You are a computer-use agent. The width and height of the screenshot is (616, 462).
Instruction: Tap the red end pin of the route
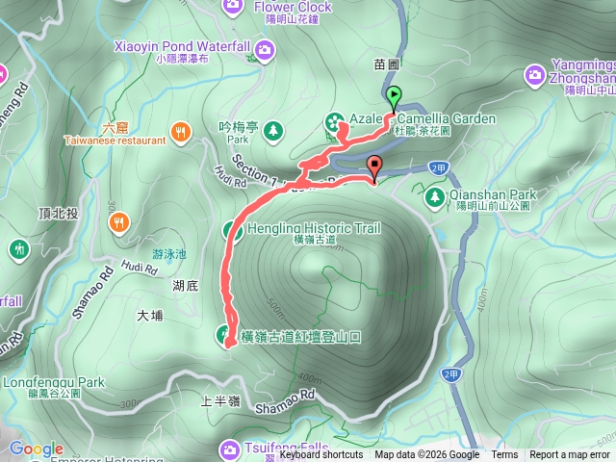pos(374,167)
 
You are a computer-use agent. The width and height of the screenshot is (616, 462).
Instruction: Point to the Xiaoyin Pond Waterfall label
pos(182,46)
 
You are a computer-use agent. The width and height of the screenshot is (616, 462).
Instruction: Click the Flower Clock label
pos(293,7)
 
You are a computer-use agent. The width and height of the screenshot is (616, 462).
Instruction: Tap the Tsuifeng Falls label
pos(284,448)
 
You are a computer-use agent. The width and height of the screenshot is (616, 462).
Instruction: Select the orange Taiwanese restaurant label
pos(115,140)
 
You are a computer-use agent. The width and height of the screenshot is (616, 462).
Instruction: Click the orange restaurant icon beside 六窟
pos(178,131)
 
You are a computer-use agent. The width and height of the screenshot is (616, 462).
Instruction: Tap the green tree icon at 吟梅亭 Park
pos(274,129)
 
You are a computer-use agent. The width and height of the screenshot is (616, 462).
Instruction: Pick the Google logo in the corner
pos(36,449)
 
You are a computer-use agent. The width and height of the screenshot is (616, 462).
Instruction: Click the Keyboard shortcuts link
pos(321,455)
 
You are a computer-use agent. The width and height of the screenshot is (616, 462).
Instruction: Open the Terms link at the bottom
pos(504,455)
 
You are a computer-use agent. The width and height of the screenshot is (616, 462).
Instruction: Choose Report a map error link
pos(570,455)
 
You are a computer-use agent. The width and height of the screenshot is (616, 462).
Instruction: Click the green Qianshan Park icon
pos(434,198)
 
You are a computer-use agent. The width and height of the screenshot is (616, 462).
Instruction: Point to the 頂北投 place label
pos(58,214)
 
